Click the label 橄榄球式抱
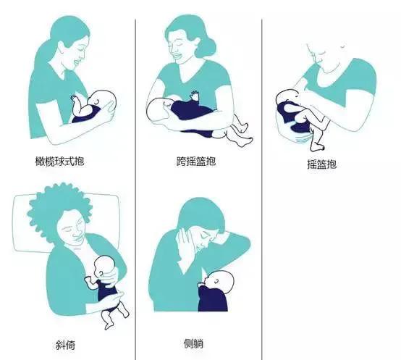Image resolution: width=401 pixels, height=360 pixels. (69, 160)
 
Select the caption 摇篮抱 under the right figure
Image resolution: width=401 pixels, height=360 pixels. (321, 164)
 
